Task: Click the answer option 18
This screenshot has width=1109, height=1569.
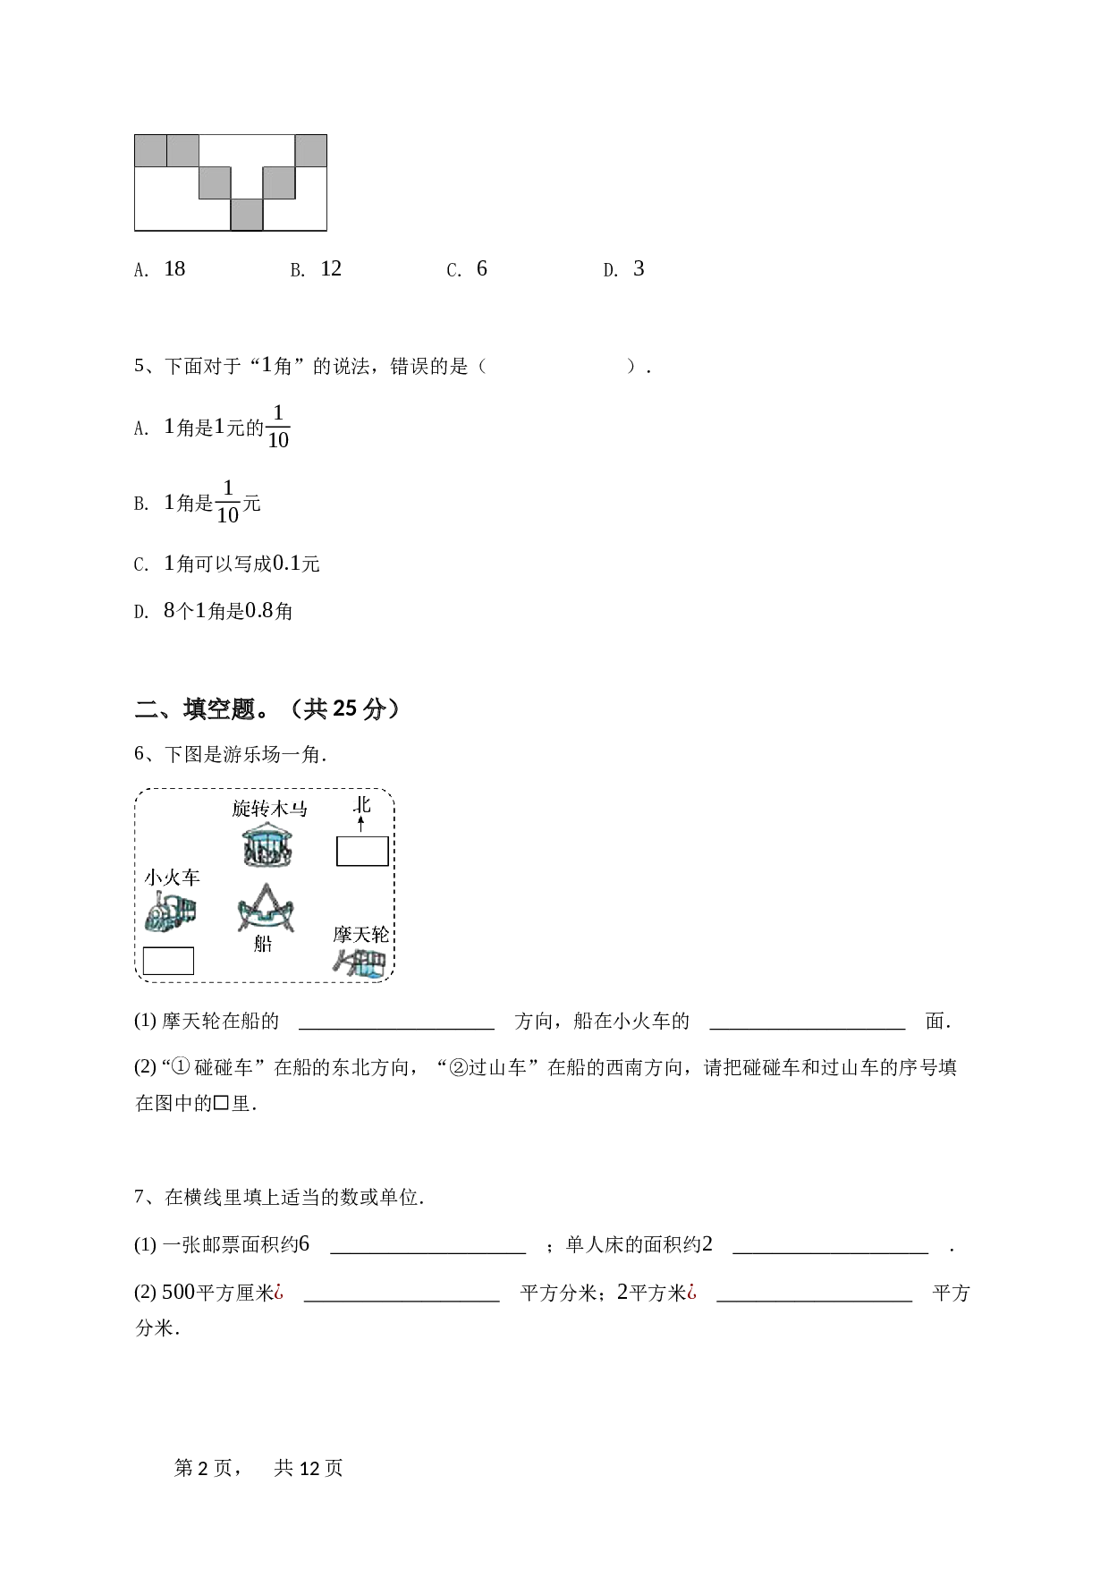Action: (174, 268)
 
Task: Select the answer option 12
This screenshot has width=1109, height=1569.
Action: (331, 268)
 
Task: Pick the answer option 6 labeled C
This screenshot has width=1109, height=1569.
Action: (481, 268)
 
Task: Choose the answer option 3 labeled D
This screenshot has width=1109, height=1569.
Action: (639, 268)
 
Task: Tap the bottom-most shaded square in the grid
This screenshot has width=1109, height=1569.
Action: (247, 215)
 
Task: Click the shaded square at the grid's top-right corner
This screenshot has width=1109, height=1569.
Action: (310, 150)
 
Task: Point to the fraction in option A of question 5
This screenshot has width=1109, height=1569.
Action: (278, 427)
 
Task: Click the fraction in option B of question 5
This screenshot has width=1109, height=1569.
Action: (228, 502)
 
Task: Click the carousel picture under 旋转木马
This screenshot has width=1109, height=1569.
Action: (269, 844)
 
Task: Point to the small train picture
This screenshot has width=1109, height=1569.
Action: (171, 912)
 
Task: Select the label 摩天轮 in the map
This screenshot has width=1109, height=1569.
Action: (361, 935)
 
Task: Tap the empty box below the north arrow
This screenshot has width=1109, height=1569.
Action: (362, 851)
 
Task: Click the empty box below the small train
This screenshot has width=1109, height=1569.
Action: (168, 961)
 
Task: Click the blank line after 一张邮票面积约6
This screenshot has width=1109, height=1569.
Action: (428, 1253)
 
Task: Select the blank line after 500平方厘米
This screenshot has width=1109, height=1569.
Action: (402, 1301)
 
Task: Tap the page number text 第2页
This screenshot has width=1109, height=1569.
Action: (203, 1468)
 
